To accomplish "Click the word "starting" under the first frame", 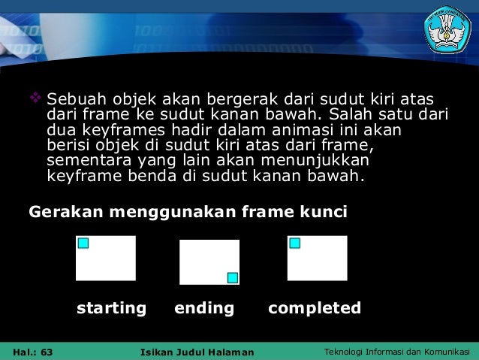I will [111, 308].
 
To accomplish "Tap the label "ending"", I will [204, 308].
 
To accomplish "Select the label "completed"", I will [315, 308].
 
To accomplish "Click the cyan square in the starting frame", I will [83, 243].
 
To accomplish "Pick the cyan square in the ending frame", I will [232, 277].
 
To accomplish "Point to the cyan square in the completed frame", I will [295, 243].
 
